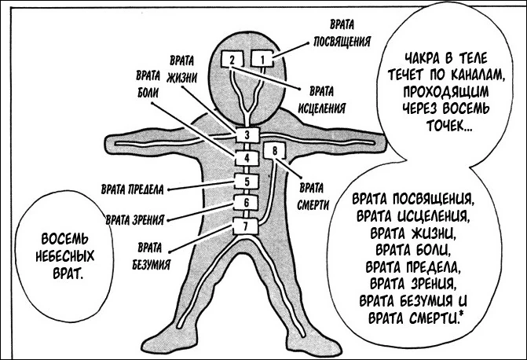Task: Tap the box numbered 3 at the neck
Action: [x=247, y=135]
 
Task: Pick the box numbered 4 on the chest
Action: [x=247, y=158]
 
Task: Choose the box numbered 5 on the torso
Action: [x=247, y=182]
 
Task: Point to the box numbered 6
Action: [x=247, y=204]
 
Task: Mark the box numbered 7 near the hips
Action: [x=247, y=227]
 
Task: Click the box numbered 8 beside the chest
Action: [x=274, y=150]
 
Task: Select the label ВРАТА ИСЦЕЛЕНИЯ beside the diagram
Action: [x=323, y=96]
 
